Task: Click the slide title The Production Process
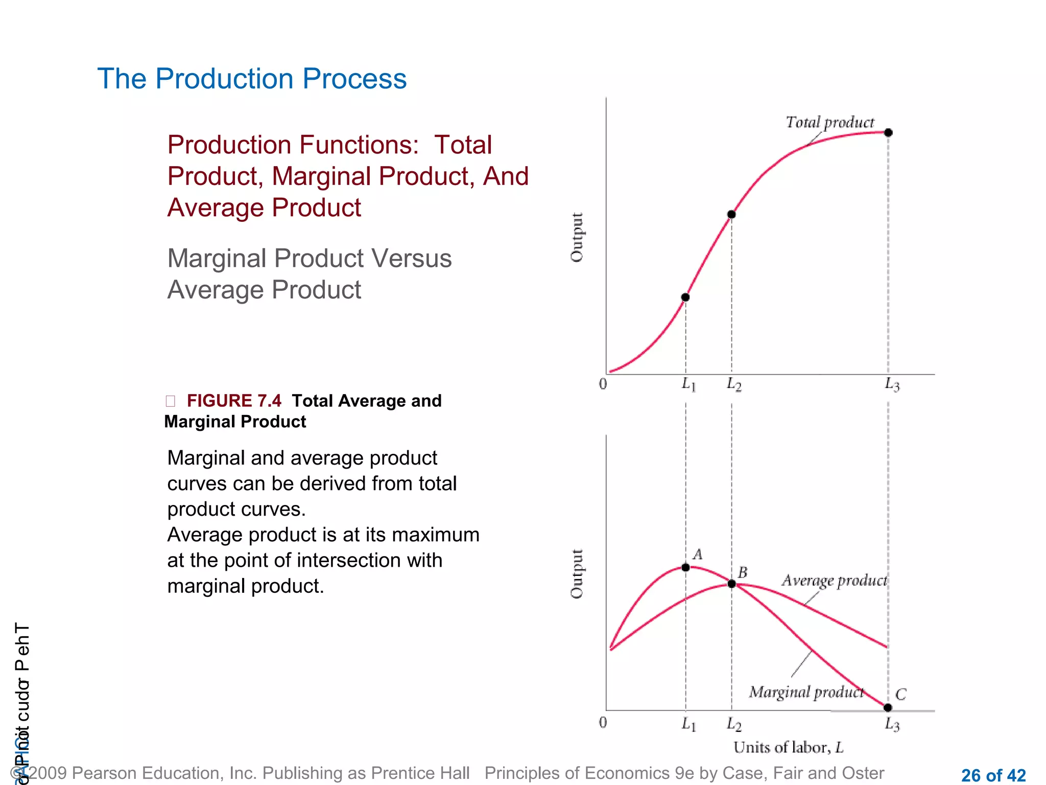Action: tap(252, 79)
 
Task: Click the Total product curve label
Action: tap(829, 122)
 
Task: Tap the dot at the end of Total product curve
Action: tap(888, 132)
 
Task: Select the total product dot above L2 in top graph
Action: tap(731, 214)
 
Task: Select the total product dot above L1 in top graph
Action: tap(685, 297)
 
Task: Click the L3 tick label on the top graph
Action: tap(892, 384)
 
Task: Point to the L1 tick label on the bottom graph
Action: tap(688, 724)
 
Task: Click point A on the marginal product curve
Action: tap(685, 567)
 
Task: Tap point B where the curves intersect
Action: tap(731, 584)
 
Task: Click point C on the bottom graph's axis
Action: tap(888, 707)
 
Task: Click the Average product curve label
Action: tap(834, 581)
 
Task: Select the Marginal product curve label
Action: tap(806, 692)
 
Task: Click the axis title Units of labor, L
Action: tap(788, 747)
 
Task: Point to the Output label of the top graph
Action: tap(577, 237)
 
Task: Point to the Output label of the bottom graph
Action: tap(577, 573)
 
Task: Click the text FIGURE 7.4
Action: tap(234, 401)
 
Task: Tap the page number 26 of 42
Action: tap(993, 775)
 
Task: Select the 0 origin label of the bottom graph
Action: tap(603, 722)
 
